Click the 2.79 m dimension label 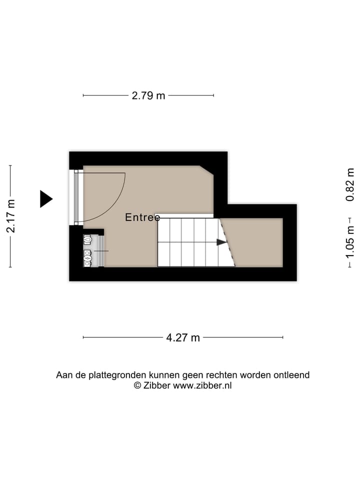click(x=148, y=95)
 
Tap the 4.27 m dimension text click(x=182, y=337)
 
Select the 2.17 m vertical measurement click(x=10, y=216)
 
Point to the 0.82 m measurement click(x=349, y=184)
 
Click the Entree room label click(x=142, y=217)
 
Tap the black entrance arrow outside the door click(x=46, y=199)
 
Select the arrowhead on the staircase click(x=221, y=242)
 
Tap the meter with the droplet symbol click(x=87, y=240)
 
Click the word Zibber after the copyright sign click(x=157, y=385)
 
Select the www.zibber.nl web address click(x=202, y=385)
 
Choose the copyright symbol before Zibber click(x=137, y=385)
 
